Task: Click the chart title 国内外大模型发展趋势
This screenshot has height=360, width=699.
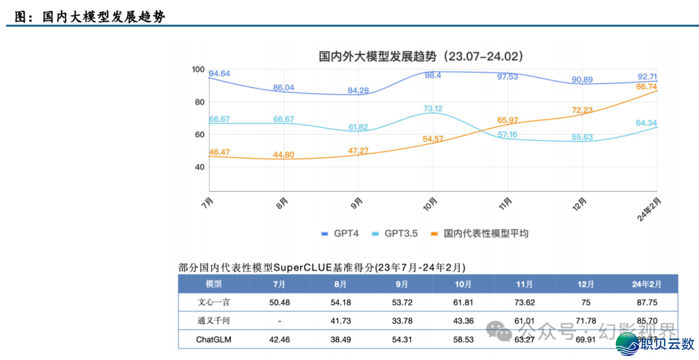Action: (x=421, y=56)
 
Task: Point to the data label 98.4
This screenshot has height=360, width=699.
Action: (x=433, y=76)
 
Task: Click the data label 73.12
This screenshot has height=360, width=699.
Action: (x=433, y=109)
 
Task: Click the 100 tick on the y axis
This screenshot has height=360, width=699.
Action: (x=198, y=70)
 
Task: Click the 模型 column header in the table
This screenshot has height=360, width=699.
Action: (x=214, y=284)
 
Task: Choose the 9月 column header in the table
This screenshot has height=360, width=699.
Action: (x=402, y=284)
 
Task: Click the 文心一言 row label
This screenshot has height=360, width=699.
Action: (x=214, y=302)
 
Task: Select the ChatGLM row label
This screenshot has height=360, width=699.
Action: (x=214, y=339)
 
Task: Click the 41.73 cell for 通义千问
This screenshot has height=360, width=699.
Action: (x=340, y=321)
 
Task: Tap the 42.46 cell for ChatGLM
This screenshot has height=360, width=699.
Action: (x=279, y=339)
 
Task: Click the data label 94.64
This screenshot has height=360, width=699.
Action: (x=220, y=74)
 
